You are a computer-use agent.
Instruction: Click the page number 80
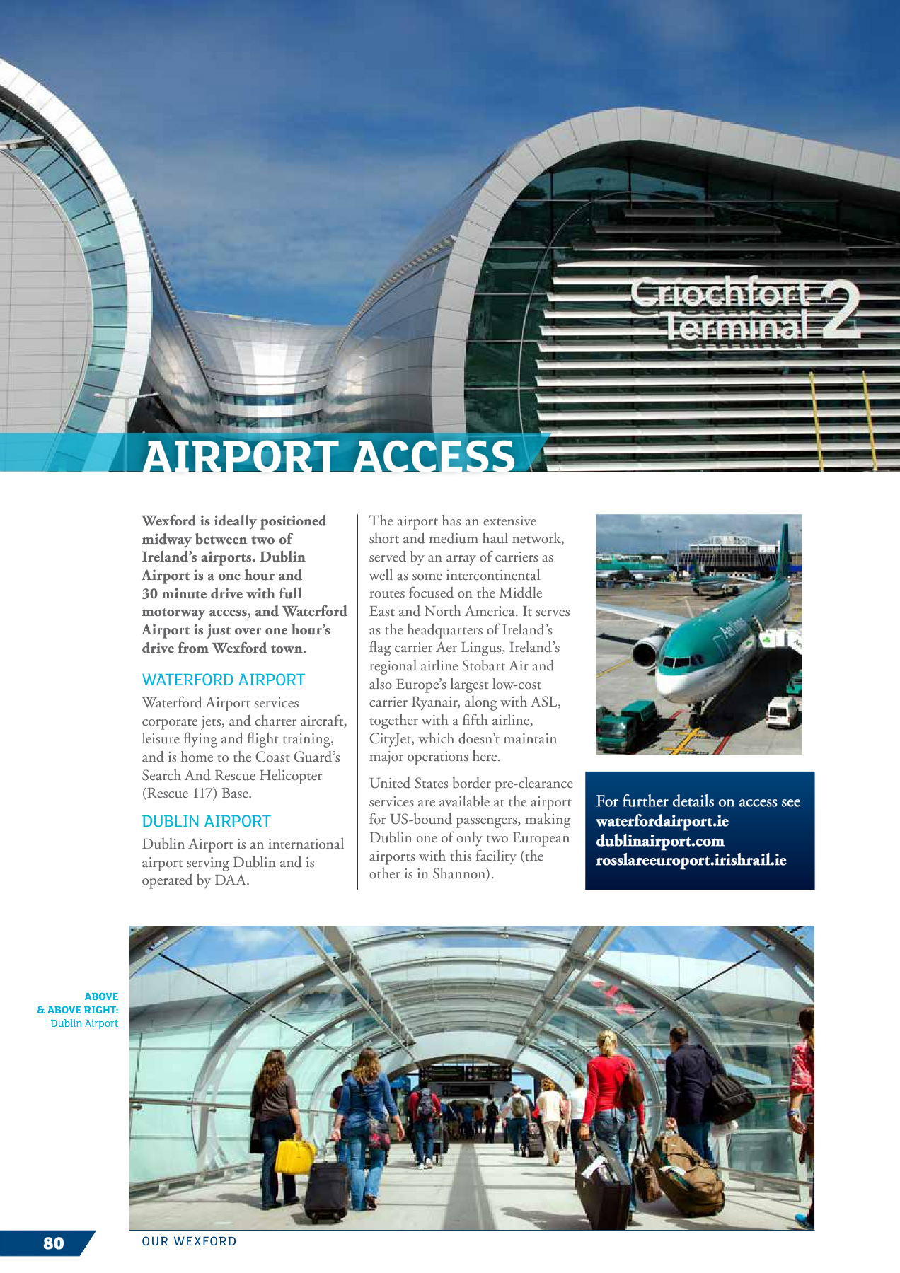coord(53,1243)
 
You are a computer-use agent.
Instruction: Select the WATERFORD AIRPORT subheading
coord(223,680)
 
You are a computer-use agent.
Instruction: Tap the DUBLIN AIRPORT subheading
coord(206,822)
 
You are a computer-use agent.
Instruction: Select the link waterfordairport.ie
coord(662,822)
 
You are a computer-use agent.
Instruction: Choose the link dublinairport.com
coord(660,842)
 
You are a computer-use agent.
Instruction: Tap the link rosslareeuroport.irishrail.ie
coord(691,861)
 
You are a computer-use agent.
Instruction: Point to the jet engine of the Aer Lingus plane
coord(648,651)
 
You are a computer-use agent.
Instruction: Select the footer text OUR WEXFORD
coord(189,1241)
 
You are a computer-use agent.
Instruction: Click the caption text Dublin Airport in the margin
coord(84,1023)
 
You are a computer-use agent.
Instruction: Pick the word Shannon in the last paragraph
coord(462,874)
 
